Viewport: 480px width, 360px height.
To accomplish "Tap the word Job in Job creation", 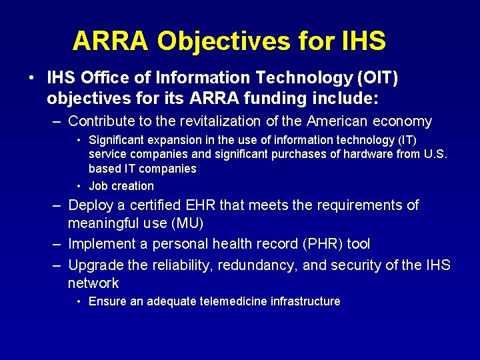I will [x=98, y=186].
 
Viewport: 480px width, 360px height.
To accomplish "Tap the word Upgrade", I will [x=96, y=265].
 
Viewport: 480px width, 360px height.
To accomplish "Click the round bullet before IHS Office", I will [x=32, y=78].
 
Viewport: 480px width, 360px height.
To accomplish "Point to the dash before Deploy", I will [x=57, y=205].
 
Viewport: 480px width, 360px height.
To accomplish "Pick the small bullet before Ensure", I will [x=79, y=301].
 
